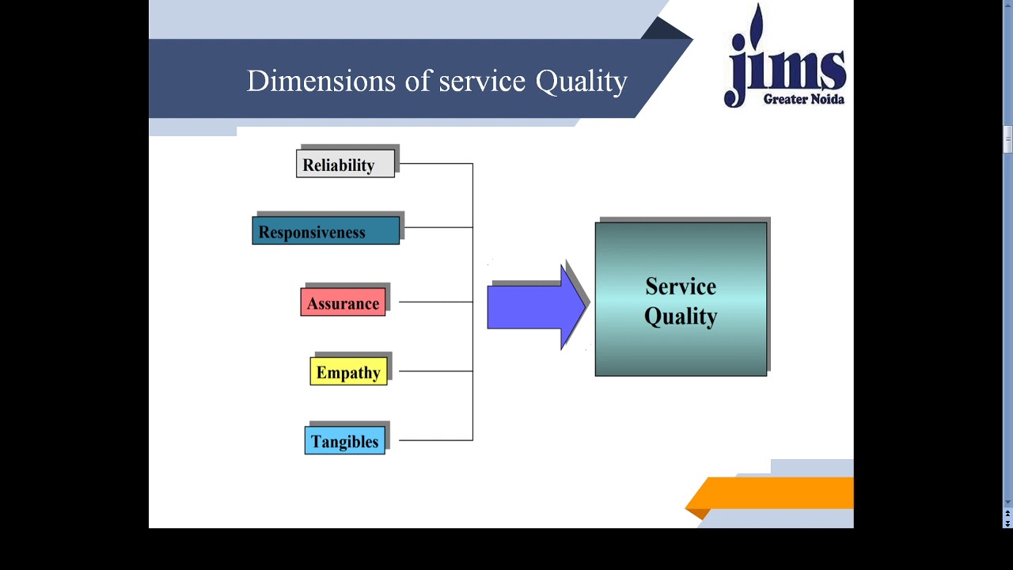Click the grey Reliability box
(x=345, y=164)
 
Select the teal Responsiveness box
(x=325, y=231)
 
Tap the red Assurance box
(x=343, y=302)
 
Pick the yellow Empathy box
(x=348, y=371)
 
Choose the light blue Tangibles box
(x=344, y=441)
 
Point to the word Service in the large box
(x=681, y=286)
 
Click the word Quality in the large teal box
(x=681, y=317)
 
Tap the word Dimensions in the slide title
(x=321, y=81)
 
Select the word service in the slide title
(x=482, y=81)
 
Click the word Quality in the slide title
(x=582, y=82)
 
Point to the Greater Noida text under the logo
(x=803, y=99)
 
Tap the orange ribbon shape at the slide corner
(x=772, y=493)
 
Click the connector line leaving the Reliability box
(x=435, y=164)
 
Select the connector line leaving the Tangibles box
(x=435, y=440)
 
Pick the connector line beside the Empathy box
(x=435, y=370)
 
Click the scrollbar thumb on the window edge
(x=1007, y=139)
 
